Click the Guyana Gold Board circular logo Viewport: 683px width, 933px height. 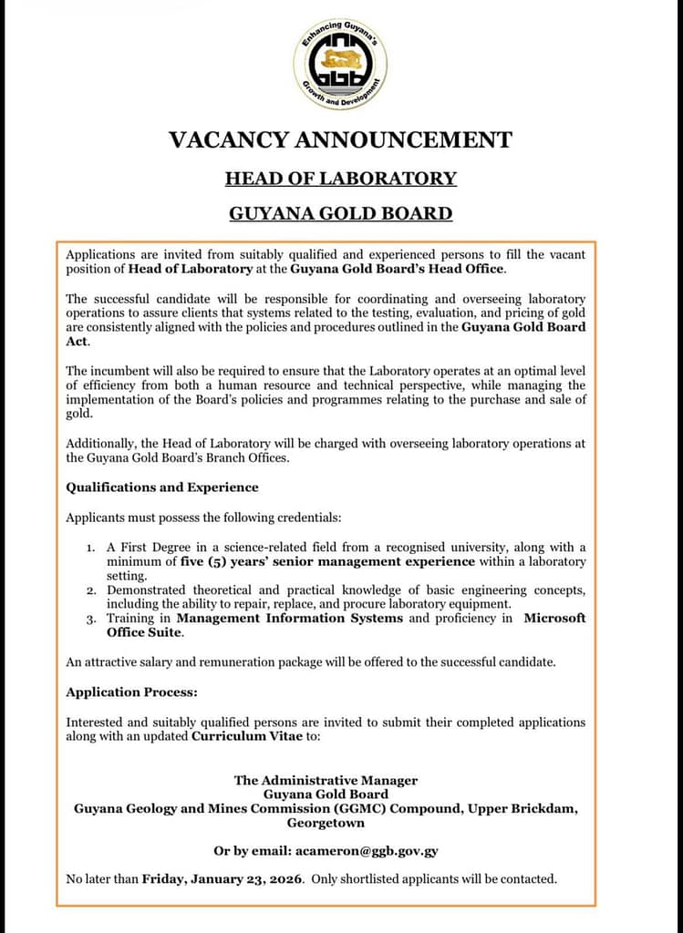point(340,64)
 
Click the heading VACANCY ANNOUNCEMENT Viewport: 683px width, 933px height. point(340,140)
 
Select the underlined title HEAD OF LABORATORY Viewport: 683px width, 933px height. point(340,178)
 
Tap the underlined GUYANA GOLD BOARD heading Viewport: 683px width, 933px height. point(340,214)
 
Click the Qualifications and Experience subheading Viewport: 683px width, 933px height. point(162,487)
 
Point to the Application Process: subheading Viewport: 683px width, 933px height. point(131,692)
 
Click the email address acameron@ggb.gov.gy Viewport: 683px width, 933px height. point(366,851)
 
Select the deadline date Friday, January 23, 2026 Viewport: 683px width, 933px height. point(222,879)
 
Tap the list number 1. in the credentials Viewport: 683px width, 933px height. point(91,548)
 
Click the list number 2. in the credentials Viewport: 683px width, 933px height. point(91,590)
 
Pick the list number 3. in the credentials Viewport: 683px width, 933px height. point(91,619)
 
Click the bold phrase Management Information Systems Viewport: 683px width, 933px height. point(290,619)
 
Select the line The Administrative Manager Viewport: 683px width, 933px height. point(326,780)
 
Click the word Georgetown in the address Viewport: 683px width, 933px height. point(326,823)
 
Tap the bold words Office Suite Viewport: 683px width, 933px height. point(144,632)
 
